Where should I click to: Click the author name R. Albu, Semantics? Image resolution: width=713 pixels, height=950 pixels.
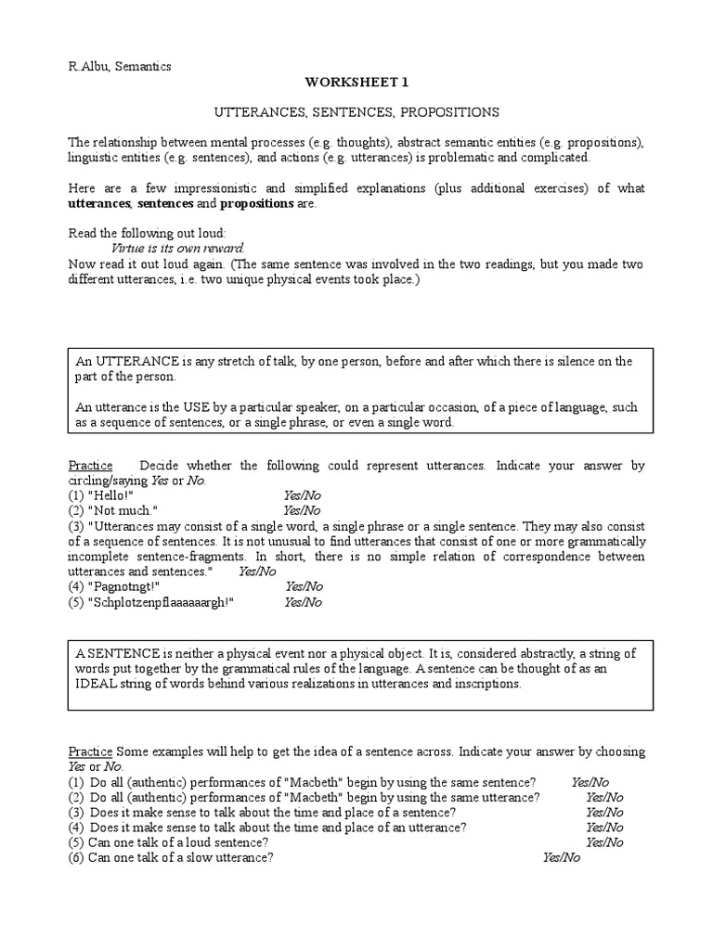pos(120,66)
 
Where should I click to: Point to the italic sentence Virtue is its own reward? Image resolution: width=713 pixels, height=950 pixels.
pos(177,248)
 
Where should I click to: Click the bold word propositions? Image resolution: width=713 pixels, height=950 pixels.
pos(255,203)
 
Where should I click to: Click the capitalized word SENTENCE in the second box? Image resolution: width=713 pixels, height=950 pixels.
pos(120,654)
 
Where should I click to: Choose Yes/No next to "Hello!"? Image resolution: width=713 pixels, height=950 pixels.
pos(302,495)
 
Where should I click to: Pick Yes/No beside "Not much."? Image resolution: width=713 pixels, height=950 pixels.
pos(302,510)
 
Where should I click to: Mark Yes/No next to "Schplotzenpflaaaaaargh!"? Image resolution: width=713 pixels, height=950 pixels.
pos(303,602)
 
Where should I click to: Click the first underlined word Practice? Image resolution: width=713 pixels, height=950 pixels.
pos(91,466)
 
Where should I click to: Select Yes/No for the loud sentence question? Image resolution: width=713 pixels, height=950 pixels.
pos(604,842)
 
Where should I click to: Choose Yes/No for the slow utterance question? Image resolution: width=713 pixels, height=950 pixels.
pos(561,858)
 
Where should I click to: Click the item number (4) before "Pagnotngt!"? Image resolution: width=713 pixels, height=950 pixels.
pos(76,586)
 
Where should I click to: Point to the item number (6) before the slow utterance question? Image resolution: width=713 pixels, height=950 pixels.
pos(76,858)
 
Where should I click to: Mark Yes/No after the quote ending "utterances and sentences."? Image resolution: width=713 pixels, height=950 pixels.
pos(257,571)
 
